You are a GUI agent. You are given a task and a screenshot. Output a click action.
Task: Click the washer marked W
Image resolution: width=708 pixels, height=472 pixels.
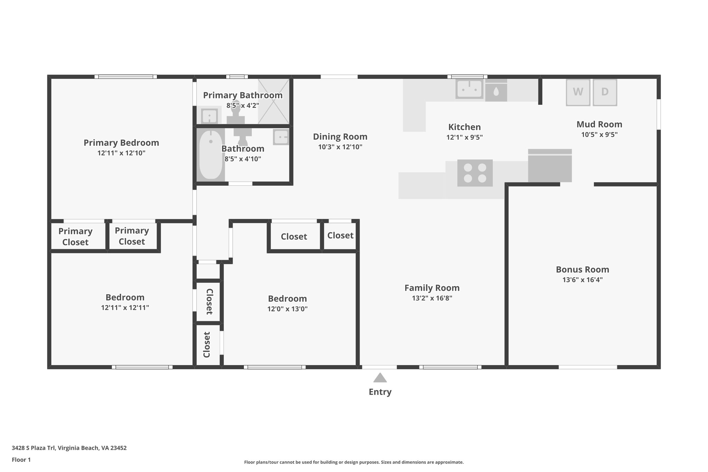click(x=578, y=92)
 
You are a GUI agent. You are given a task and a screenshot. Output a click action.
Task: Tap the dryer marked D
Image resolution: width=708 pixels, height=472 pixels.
click(x=605, y=92)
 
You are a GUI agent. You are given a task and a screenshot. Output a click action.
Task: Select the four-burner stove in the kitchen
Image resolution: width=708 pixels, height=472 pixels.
click(x=475, y=173)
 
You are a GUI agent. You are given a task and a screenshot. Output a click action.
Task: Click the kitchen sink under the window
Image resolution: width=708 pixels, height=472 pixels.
click(x=469, y=89)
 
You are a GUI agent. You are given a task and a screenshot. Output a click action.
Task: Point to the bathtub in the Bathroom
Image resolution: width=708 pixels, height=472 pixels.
click(x=211, y=155)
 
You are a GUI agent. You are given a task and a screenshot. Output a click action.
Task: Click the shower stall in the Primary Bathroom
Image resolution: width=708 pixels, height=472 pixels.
click(x=273, y=101)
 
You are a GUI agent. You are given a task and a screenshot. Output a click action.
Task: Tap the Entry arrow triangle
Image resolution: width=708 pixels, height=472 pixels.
click(x=380, y=378)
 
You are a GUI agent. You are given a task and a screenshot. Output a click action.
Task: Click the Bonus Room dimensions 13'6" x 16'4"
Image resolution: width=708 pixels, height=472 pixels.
click(x=582, y=280)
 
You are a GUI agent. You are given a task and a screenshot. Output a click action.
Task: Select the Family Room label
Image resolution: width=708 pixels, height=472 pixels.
click(x=432, y=288)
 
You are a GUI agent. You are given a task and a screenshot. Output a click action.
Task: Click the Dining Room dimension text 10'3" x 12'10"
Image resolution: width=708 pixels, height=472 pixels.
click(x=340, y=147)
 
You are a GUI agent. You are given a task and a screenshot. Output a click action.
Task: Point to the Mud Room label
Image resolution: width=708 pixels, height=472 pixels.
click(x=599, y=124)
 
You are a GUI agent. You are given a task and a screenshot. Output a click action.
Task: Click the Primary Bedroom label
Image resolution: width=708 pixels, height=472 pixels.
click(x=121, y=142)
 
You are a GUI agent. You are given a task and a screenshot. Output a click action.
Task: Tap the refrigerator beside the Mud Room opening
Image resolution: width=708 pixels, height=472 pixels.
click(x=550, y=166)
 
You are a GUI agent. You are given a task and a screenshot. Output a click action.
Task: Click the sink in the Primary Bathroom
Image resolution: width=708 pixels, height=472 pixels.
click(x=209, y=116)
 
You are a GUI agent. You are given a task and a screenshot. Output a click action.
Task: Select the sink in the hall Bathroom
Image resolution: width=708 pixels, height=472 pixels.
click(x=281, y=137)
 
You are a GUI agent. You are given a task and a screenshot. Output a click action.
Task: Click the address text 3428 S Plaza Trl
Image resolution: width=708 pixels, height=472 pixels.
click(x=69, y=448)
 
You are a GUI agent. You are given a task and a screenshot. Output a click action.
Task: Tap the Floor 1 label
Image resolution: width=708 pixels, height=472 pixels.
click(x=21, y=460)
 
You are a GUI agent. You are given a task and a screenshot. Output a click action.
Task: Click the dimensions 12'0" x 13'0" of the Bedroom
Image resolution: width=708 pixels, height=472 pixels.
click(x=287, y=309)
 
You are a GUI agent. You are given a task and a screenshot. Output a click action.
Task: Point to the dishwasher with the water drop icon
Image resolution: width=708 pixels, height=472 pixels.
click(x=496, y=91)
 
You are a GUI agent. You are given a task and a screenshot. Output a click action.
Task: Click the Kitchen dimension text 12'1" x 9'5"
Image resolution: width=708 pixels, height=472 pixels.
click(x=464, y=137)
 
